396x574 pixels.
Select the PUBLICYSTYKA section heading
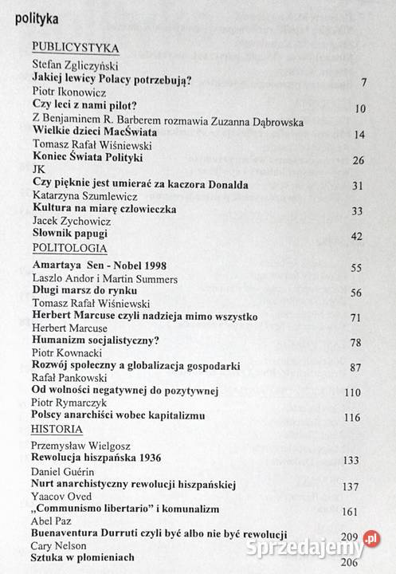click(75, 48)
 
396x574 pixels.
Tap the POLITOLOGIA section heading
click(69, 248)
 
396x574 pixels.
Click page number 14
click(359, 134)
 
